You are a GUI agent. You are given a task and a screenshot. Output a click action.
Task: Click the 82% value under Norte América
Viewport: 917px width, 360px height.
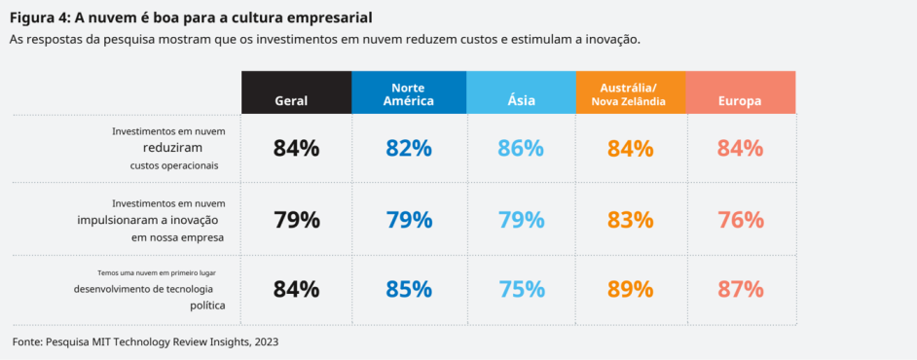(x=409, y=149)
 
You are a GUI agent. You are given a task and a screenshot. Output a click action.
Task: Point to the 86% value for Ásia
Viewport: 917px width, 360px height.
(x=521, y=149)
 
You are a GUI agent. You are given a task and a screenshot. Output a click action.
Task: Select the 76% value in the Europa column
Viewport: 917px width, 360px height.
(x=741, y=220)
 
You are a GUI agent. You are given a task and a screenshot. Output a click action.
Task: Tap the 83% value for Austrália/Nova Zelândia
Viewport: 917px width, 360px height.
(x=631, y=220)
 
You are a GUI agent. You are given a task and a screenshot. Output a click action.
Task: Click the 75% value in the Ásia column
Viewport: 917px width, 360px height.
(x=521, y=289)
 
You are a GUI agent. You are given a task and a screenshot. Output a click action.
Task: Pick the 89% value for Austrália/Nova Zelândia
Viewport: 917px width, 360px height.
(x=631, y=289)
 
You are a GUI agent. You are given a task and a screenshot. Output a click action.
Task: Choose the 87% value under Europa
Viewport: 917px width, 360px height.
(x=741, y=289)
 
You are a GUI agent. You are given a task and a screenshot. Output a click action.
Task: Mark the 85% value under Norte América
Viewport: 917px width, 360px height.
(x=409, y=289)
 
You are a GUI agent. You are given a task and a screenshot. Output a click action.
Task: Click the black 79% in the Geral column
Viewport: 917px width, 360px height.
(x=297, y=220)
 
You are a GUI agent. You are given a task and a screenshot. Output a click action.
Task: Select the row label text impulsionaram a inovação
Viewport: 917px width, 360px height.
(x=148, y=220)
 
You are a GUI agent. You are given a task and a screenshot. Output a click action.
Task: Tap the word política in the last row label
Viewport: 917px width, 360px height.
(x=208, y=306)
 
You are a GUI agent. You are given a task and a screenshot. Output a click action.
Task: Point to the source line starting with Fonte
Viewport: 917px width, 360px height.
(x=145, y=342)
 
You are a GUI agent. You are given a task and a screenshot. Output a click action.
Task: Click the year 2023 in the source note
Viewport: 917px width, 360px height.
(x=266, y=342)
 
